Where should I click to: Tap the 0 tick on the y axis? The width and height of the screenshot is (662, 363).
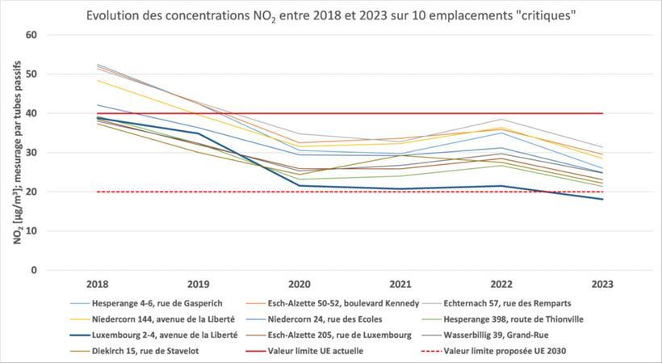[34, 270]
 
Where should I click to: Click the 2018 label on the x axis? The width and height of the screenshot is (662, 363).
[98, 285]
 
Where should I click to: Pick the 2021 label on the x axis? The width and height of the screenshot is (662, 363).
[400, 285]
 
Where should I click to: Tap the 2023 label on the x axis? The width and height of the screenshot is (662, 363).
[602, 285]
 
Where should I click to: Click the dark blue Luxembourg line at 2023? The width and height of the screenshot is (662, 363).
[602, 199]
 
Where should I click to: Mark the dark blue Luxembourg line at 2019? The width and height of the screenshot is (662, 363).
[199, 133]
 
